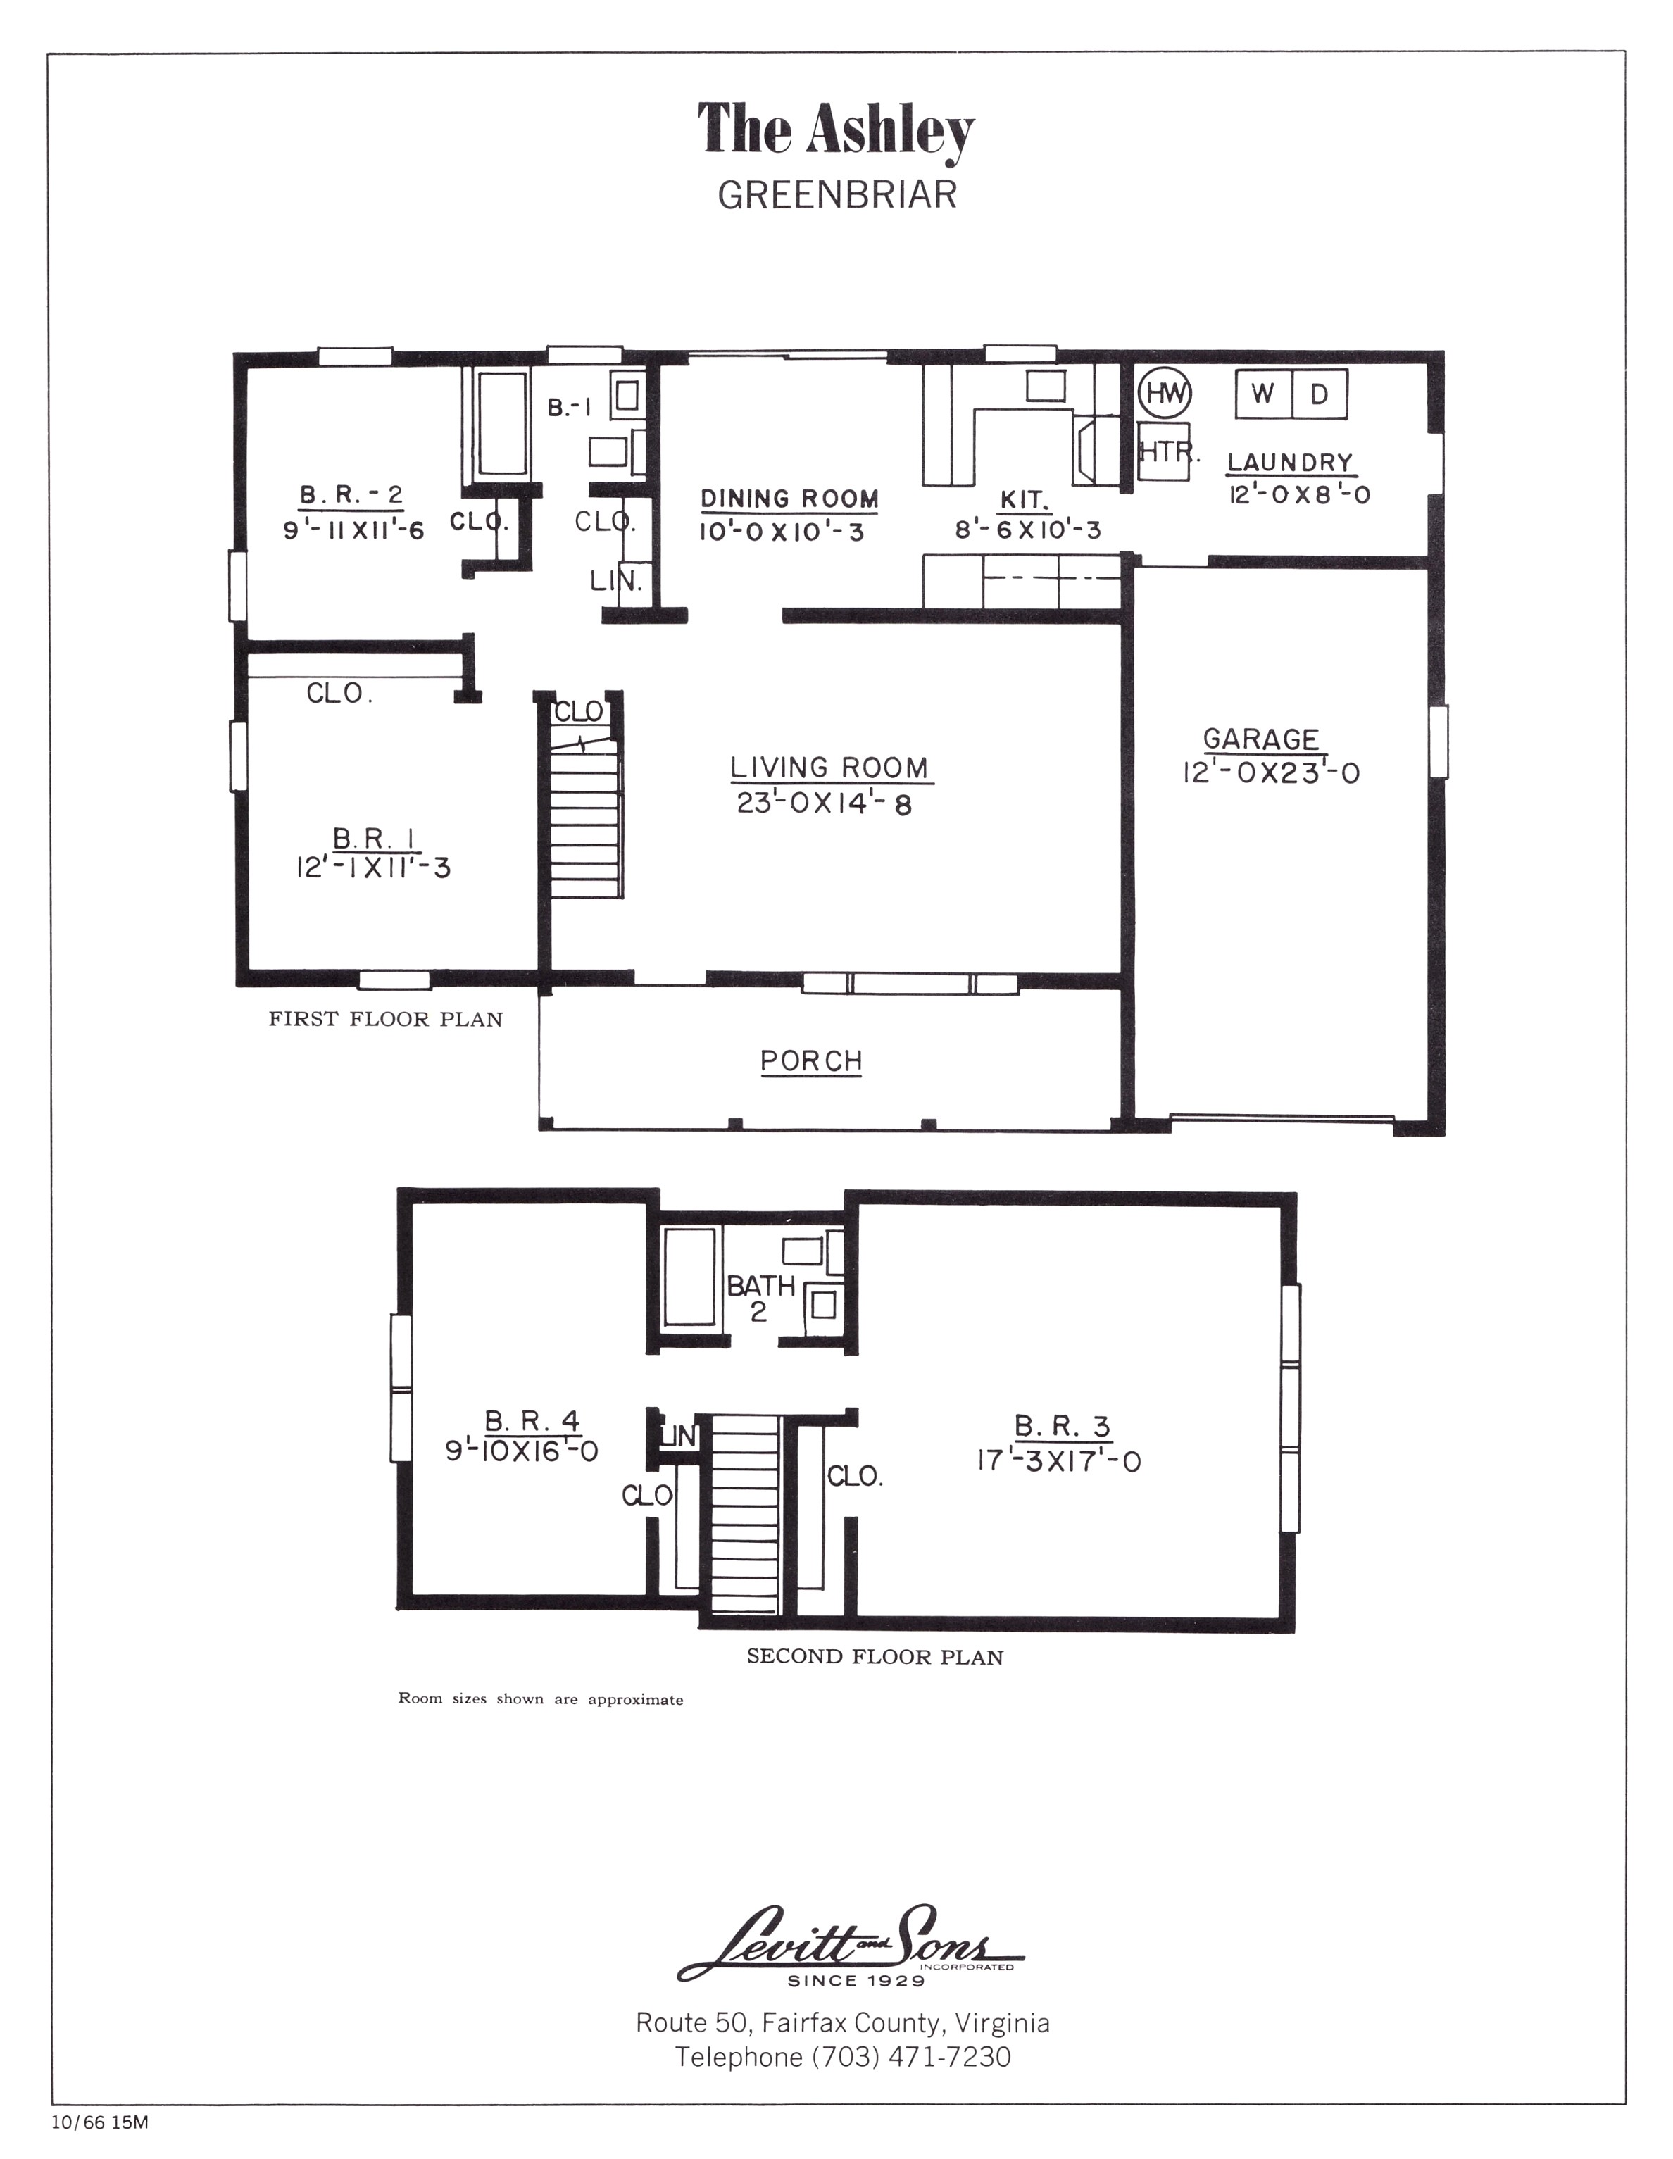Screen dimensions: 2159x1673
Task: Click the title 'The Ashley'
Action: pyautogui.click(x=836, y=130)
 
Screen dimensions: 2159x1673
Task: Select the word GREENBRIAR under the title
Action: pyautogui.click(x=836, y=195)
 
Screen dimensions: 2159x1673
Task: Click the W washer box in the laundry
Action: pyautogui.click(x=1262, y=394)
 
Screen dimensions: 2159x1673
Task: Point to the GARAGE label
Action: pyautogui.click(x=1260, y=739)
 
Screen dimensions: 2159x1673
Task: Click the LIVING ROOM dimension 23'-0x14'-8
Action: pyautogui.click(x=824, y=803)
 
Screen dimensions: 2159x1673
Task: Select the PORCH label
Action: pyautogui.click(x=810, y=1060)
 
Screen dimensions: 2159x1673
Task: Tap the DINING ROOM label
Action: pyautogui.click(x=789, y=499)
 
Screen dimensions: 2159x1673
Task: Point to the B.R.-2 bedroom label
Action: pyautogui.click(x=351, y=494)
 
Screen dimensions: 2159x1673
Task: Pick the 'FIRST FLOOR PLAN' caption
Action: pyautogui.click(x=386, y=1019)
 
